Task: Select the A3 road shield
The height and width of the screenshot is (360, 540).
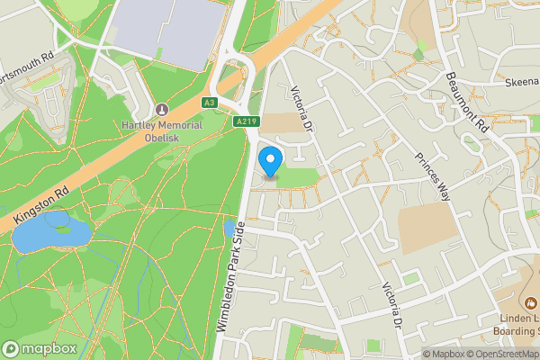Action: (209, 102)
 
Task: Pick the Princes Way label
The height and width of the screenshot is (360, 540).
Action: (431, 165)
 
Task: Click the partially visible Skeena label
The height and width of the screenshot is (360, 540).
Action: (521, 81)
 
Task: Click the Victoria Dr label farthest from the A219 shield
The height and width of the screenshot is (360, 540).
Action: (392, 306)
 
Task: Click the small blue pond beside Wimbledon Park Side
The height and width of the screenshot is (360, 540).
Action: (229, 229)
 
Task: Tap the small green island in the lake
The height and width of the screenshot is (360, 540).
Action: (62, 228)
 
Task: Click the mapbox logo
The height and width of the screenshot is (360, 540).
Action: (40, 348)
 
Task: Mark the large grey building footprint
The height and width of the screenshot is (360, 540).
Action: (171, 31)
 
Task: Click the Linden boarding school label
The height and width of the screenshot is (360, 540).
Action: (518, 326)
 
